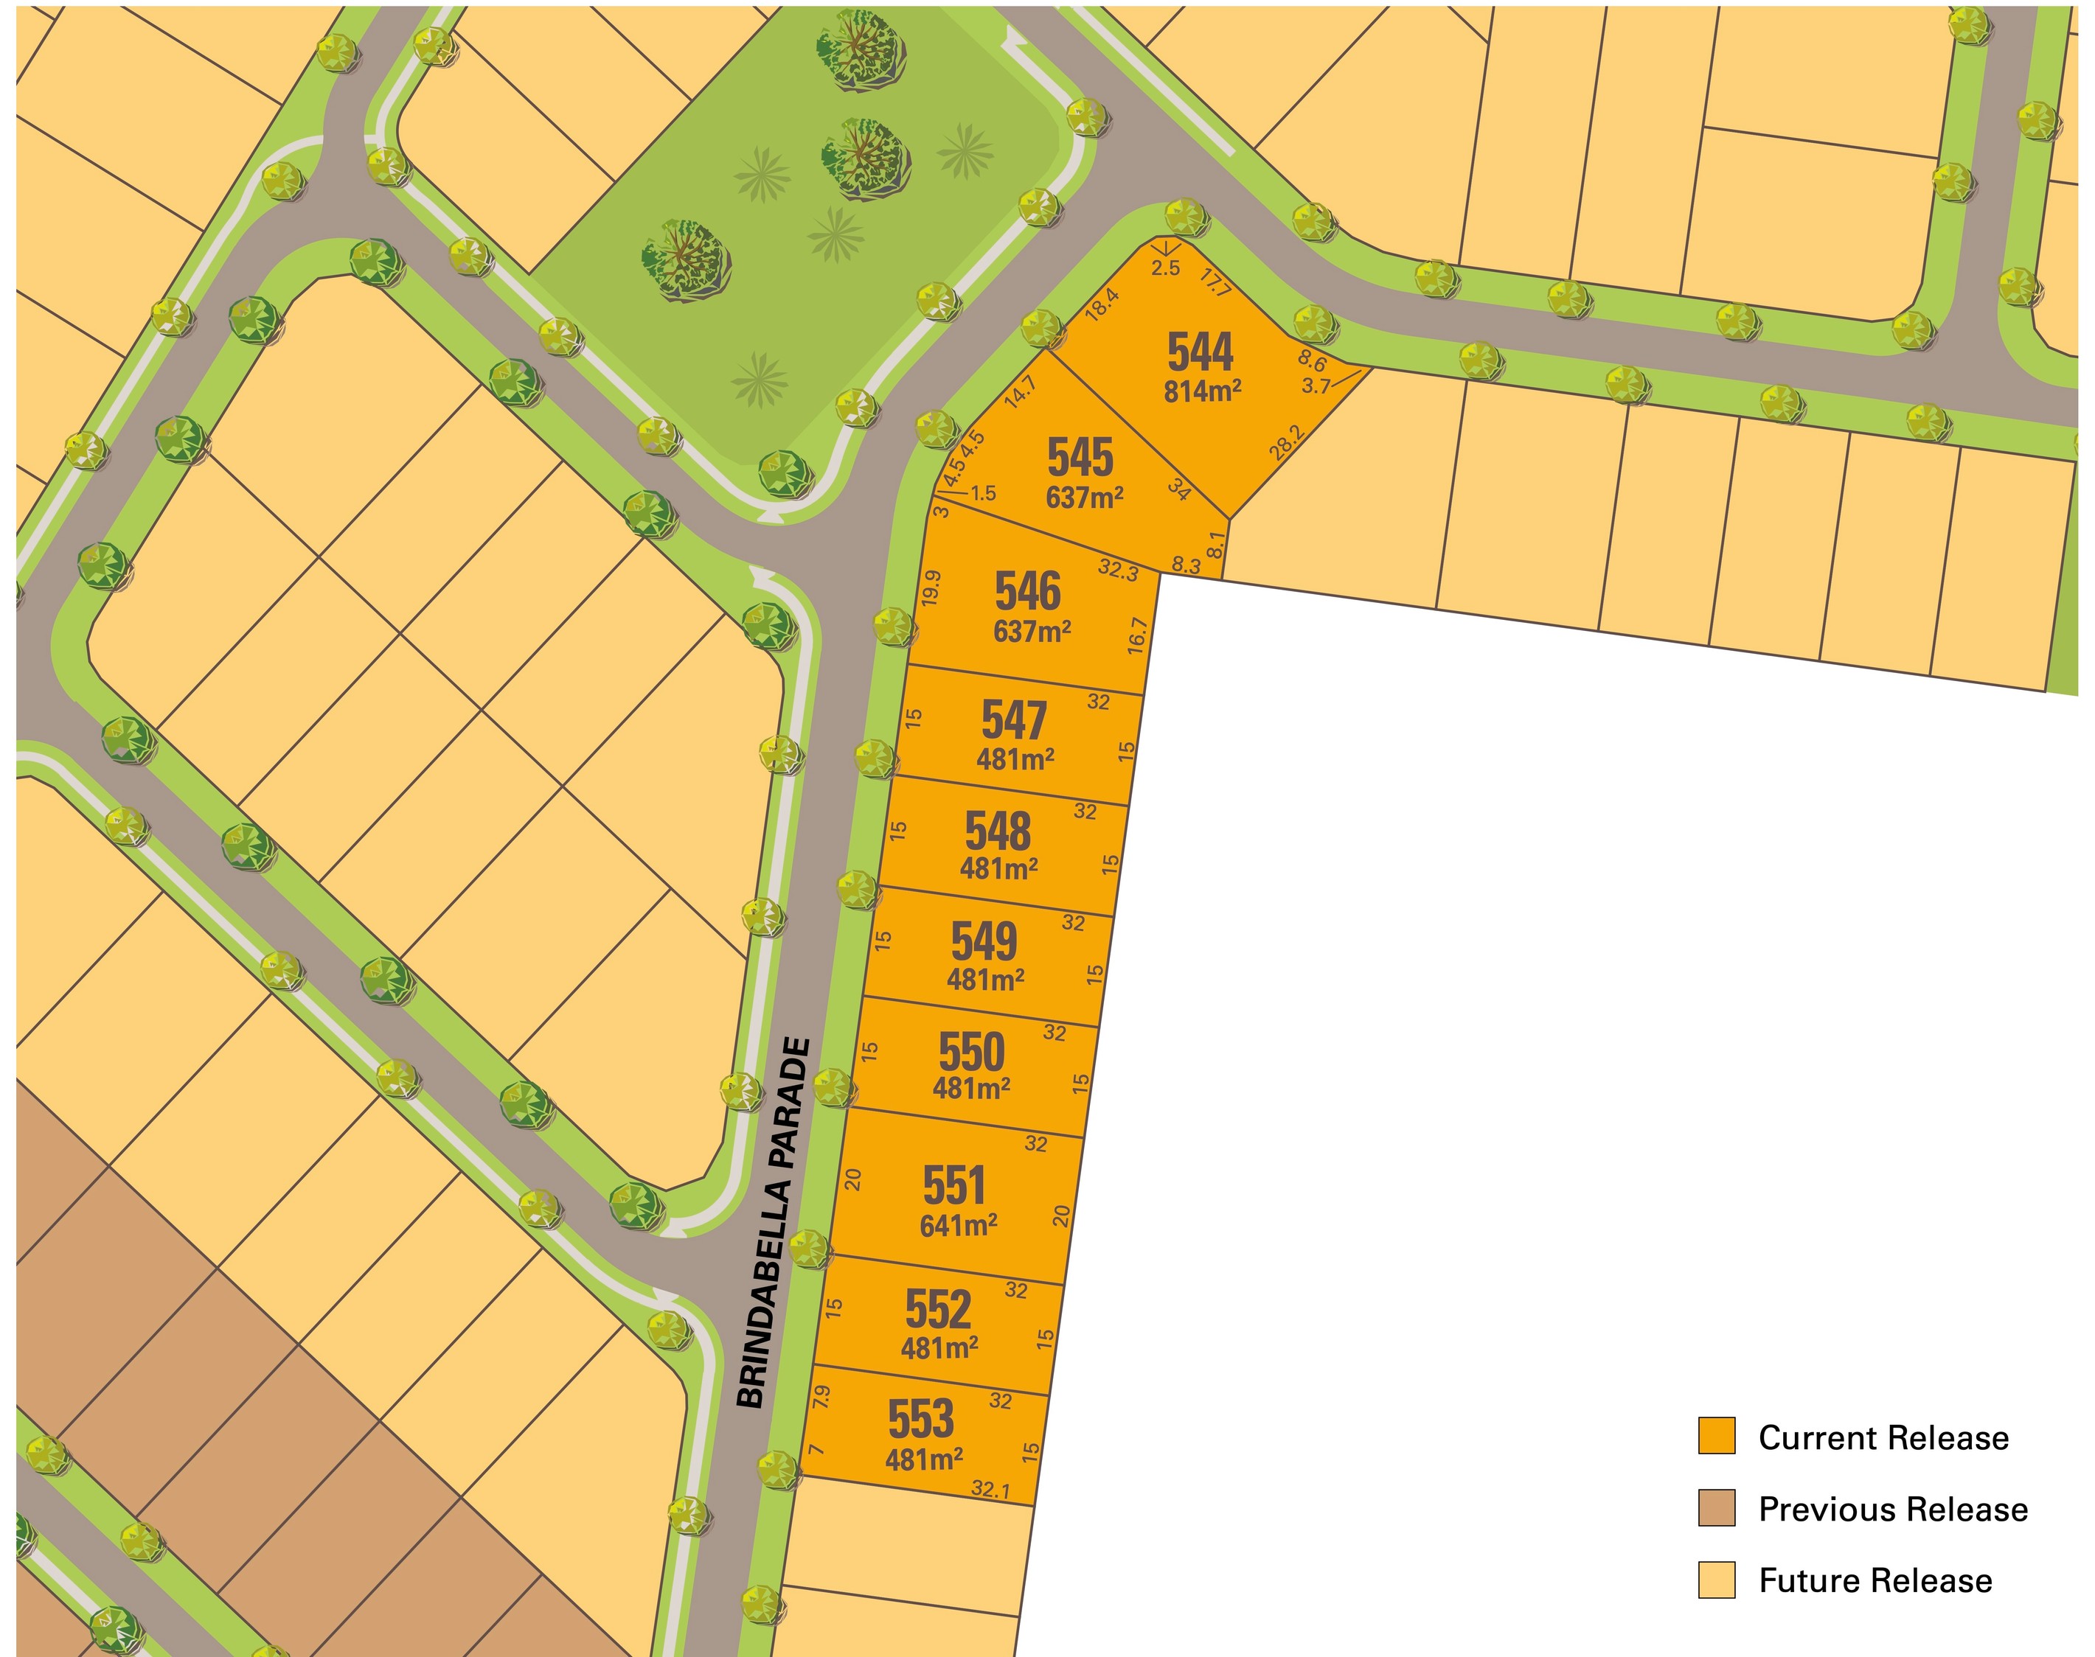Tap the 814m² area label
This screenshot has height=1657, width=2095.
[1202, 391]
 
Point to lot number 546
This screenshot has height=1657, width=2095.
[1028, 591]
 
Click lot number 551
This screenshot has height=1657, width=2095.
[954, 1185]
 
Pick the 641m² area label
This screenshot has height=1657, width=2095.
[958, 1225]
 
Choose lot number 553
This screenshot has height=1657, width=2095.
[921, 1420]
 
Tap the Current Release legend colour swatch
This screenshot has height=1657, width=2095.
[1715, 1436]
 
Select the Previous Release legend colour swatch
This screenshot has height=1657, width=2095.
[1715, 1509]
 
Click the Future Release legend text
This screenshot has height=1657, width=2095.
[1875, 1580]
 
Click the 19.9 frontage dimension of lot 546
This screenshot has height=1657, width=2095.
[931, 588]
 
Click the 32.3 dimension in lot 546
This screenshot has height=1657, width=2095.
[1118, 570]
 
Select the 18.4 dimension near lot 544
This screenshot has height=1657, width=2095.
[1102, 304]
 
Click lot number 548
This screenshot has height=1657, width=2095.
[998, 831]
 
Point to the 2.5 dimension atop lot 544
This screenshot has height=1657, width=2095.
[1165, 268]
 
